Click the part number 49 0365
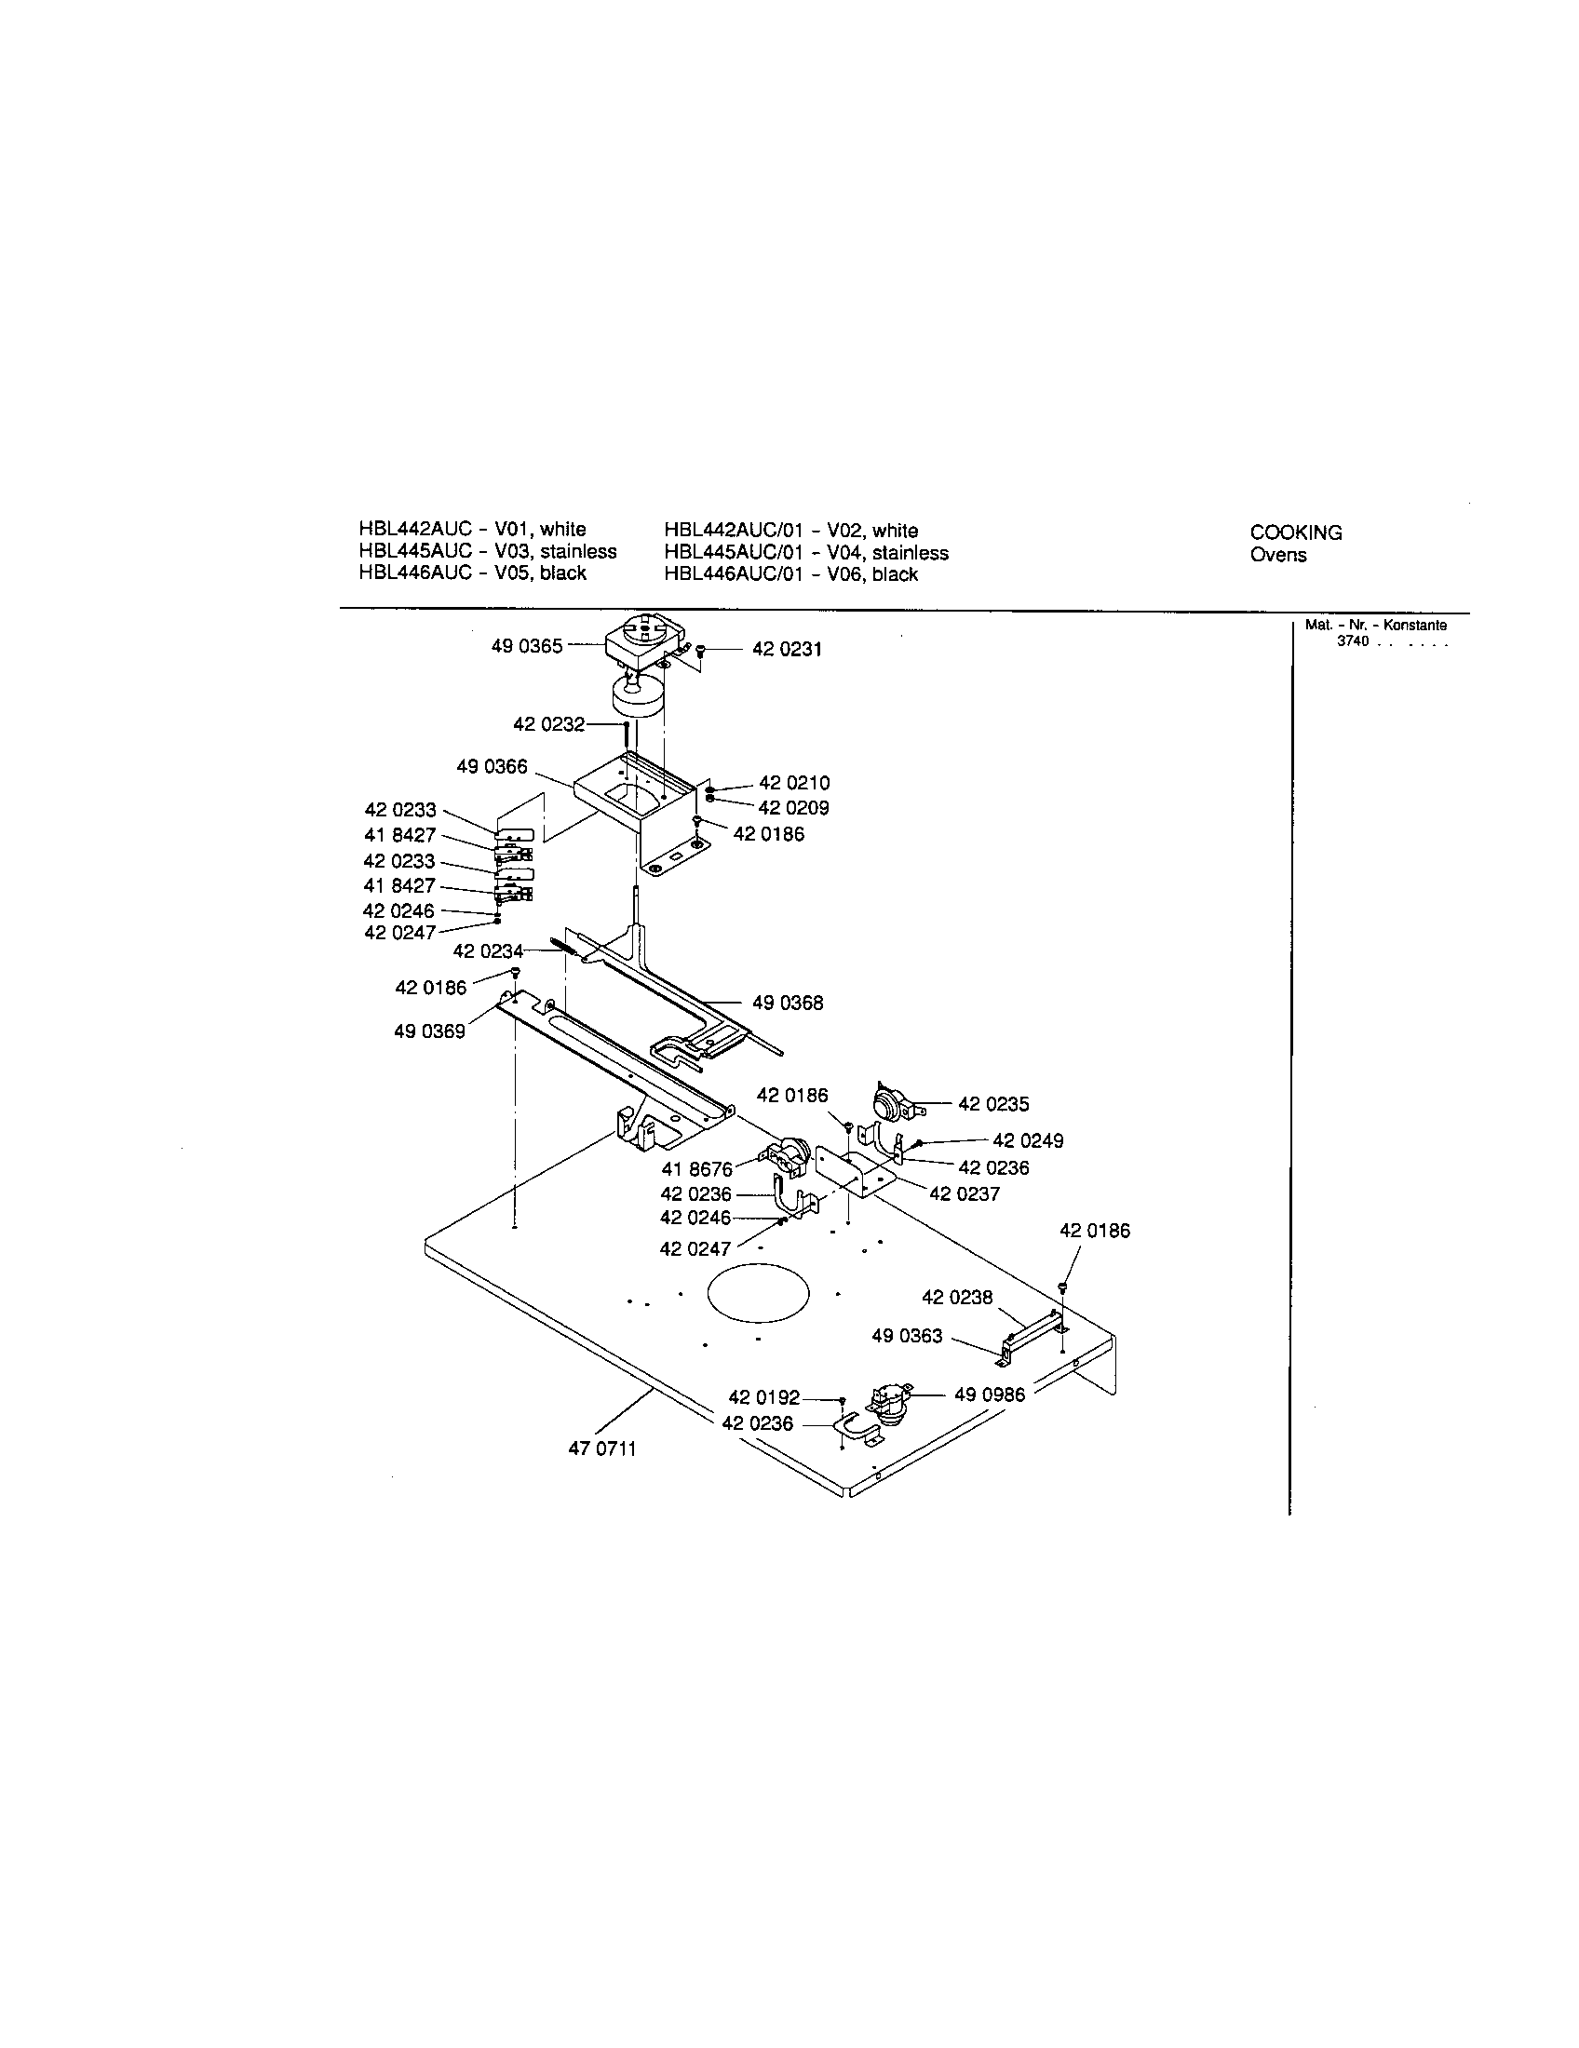coord(526,646)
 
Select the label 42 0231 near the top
coord(787,650)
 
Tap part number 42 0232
coord(548,724)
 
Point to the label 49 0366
coord(492,766)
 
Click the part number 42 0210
coord(793,782)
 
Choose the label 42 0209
coord(793,807)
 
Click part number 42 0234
coord(488,950)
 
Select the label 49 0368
coord(788,1003)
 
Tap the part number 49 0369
coord(429,1031)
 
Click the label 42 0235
coord(993,1104)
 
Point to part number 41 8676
coord(696,1169)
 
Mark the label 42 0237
coord(964,1193)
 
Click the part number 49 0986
coord(990,1395)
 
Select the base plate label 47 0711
coord(602,1448)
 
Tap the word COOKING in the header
coord(1296,532)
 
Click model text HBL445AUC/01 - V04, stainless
coord(805,552)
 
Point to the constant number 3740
coord(1353,641)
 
